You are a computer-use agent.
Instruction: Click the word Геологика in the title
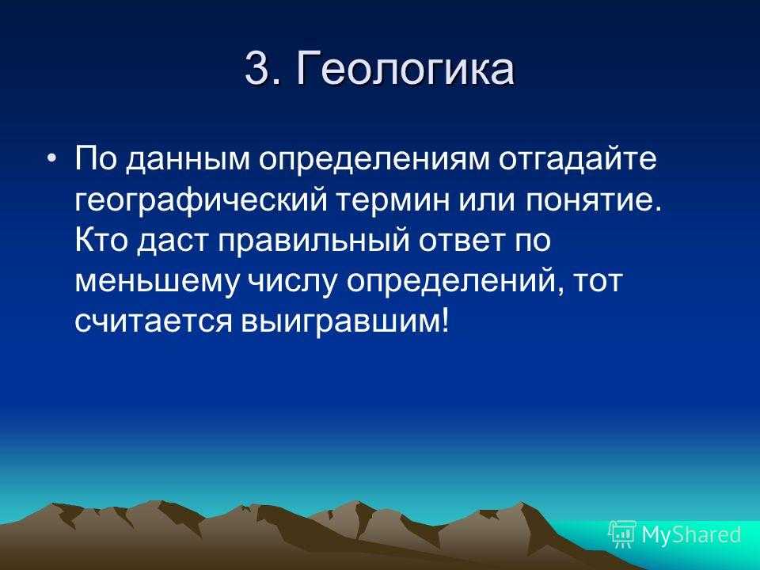pos(405,69)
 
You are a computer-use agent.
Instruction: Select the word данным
pos(189,160)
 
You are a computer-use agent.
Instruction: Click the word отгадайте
pos(578,159)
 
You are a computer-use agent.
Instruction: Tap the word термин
pos(393,200)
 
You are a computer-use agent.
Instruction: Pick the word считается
pos(154,321)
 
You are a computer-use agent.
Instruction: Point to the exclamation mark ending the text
pos(446,321)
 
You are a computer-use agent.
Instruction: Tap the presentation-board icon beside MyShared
pos(622,534)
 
